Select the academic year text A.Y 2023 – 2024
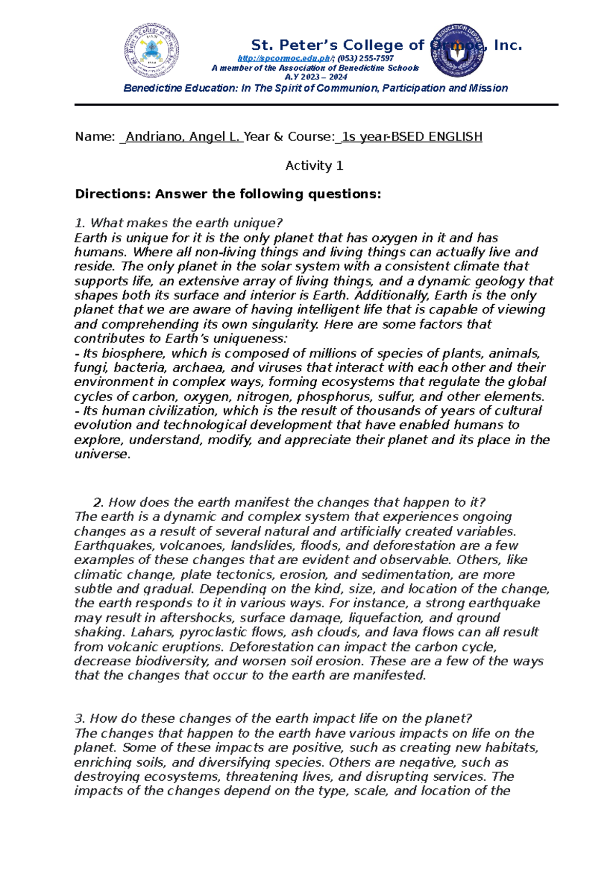pos(316,77)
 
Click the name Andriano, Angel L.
pos(182,136)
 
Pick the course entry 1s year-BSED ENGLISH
pos(412,136)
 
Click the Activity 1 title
pos(314,166)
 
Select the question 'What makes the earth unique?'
pos(186,223)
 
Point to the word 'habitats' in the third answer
pos(512,747)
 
